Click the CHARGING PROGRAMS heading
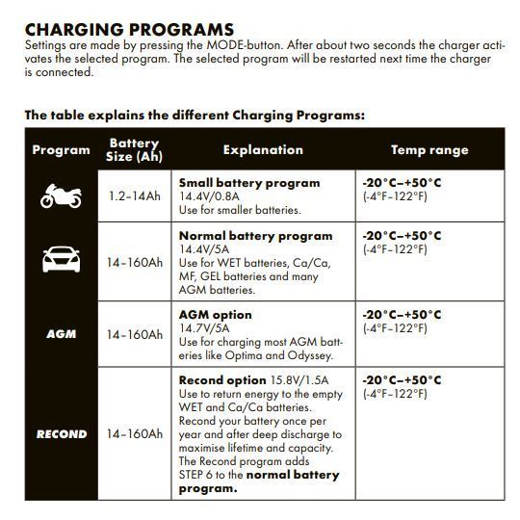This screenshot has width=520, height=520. [x=129, y=30]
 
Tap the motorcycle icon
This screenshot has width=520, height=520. [x=61, y=195]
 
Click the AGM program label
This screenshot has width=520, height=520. [x=61, y=334]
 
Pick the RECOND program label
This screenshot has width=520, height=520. [x=61, y=434]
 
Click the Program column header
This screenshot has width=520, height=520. [x=61, y=150]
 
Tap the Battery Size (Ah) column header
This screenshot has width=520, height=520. [x=134, y=150]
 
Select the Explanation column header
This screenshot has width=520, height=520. [x=263, y=150]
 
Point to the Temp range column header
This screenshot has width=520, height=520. [x=429, y=150]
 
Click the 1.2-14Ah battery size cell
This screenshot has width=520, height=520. [x=134, y=195]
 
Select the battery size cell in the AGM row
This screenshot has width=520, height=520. [x=134, y=334]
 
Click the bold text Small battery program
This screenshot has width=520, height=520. [x=249, y=182]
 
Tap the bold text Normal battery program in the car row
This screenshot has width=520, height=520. [x=255, y=236]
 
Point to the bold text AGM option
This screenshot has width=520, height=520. [x=215, y=315]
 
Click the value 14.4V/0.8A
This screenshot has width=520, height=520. [x=210, y=195]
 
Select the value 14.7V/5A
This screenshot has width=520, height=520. [x=203, y=328]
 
